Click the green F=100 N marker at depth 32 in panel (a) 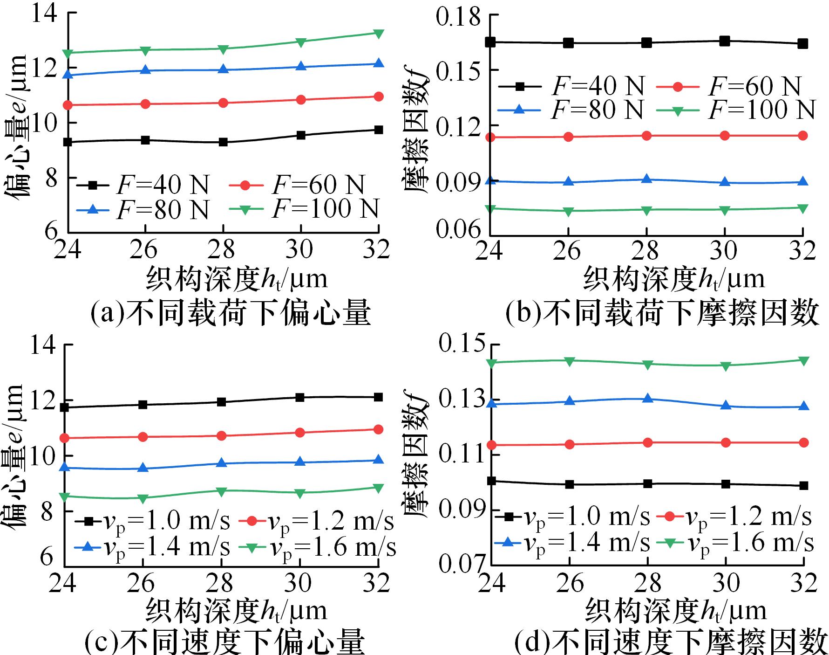(379, 34)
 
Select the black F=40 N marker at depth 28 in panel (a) (223, 142)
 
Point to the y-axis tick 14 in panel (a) (44, 13)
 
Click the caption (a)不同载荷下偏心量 (230, 313)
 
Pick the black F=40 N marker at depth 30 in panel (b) (724, 41)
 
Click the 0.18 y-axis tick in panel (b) (458, 17)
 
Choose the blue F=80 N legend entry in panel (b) (571, 110)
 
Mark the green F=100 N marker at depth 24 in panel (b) (490, 208)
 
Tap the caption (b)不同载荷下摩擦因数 (662, 313)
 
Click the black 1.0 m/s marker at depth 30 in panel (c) (300, 397)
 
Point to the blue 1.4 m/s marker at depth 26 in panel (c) (143, 468)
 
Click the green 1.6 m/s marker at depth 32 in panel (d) (803, 360)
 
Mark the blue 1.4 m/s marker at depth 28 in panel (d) (647, 399)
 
